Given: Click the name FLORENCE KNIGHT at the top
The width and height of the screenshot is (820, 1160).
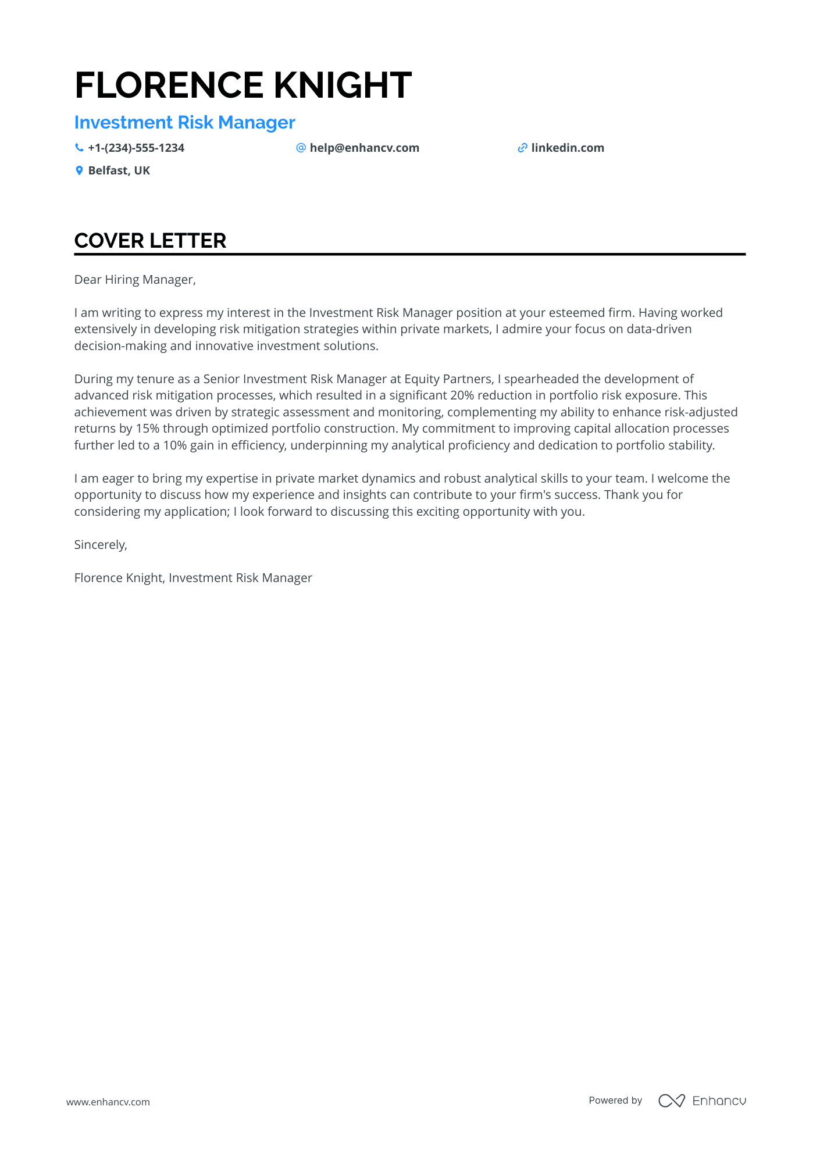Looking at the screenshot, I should click(x=243, y=85).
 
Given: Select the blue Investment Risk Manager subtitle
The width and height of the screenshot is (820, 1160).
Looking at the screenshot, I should click(x=184, y=123).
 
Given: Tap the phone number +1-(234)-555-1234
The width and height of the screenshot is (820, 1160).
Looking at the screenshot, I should click(x=136, y=148).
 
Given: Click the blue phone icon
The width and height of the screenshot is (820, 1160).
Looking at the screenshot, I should click(x=79, y=148).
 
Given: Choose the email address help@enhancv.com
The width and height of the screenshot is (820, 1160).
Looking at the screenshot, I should click(x=364, y=148).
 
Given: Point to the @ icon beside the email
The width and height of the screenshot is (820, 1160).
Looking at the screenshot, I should click(x=301, y=148).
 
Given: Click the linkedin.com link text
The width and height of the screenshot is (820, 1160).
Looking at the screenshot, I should click(x=568, y=148).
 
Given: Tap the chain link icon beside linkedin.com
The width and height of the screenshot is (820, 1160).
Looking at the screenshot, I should click(x=522, y=148).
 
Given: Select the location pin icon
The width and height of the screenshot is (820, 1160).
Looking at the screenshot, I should click(x=79, y=171).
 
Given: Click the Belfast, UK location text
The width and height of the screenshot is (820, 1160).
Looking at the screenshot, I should click(x=119, y=171).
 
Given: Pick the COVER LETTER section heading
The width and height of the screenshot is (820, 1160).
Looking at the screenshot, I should click(x=150, y=241).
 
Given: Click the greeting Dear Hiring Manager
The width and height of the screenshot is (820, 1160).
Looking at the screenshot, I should click(x=135, y=280).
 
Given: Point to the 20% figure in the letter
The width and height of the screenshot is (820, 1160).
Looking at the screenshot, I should click(x=462, y=395).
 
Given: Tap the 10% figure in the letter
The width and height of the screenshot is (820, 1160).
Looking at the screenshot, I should click(x=174, y=445).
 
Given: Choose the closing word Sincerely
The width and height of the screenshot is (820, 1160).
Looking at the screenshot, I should click(x=100, y=545).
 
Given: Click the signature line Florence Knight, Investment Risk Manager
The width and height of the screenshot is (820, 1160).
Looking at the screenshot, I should click(x=193, y=578).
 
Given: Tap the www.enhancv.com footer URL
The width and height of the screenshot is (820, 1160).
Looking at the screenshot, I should click(x=108, y=1102).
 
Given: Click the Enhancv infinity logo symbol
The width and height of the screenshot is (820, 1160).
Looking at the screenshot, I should click(x=672, y=1101).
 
